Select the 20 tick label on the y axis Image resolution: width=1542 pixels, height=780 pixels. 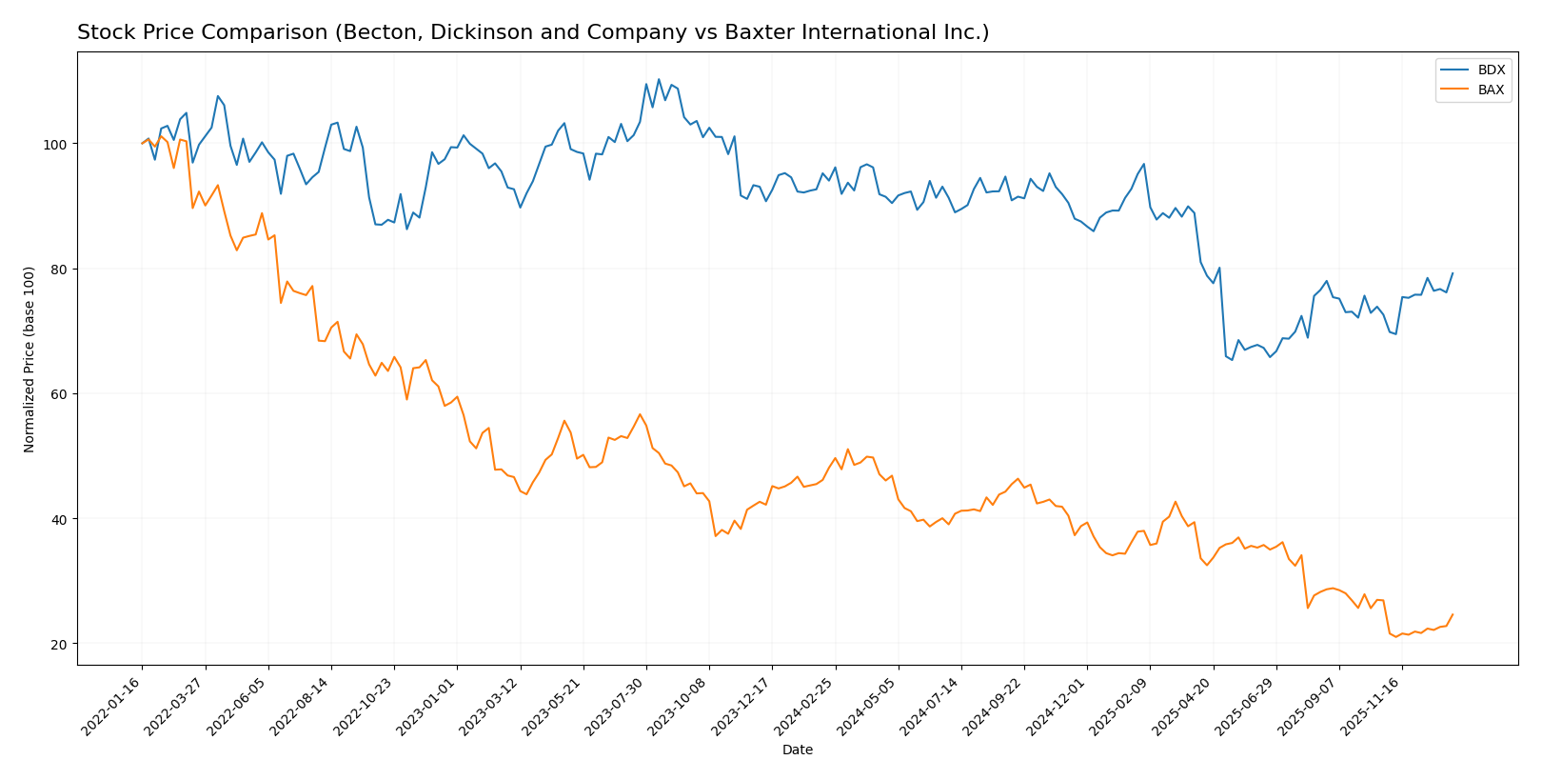pyautogui.click(x=57, y=645)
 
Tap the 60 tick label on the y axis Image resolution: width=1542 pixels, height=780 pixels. pyautogui.click(x=57, y=394)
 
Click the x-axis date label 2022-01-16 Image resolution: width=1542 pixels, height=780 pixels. pyautogui.click(x=112, y=706)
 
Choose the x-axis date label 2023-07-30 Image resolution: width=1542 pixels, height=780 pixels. pyautogui.click(x=616, y=706)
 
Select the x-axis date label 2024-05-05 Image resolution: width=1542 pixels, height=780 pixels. pyautogui.click(x=868, y=706)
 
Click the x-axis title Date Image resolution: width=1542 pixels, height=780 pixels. pyautogui.click(x=797, y=750)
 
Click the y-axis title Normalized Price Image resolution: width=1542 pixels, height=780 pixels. pyautogui.click(x=30, y=359)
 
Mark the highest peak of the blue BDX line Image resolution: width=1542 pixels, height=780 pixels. pyautogui.click(x=659, y=79)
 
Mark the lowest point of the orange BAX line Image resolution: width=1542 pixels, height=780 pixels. pyautogui.click(x=1396, y=636)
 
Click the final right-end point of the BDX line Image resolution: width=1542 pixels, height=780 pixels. pyautogui.click(x=1453, y=273)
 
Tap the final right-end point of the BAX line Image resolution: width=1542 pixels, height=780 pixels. pyautogui.click(x=1453, y=614)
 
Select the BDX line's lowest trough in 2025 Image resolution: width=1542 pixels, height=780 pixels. pyautogui.click(x=1232, y=360)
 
